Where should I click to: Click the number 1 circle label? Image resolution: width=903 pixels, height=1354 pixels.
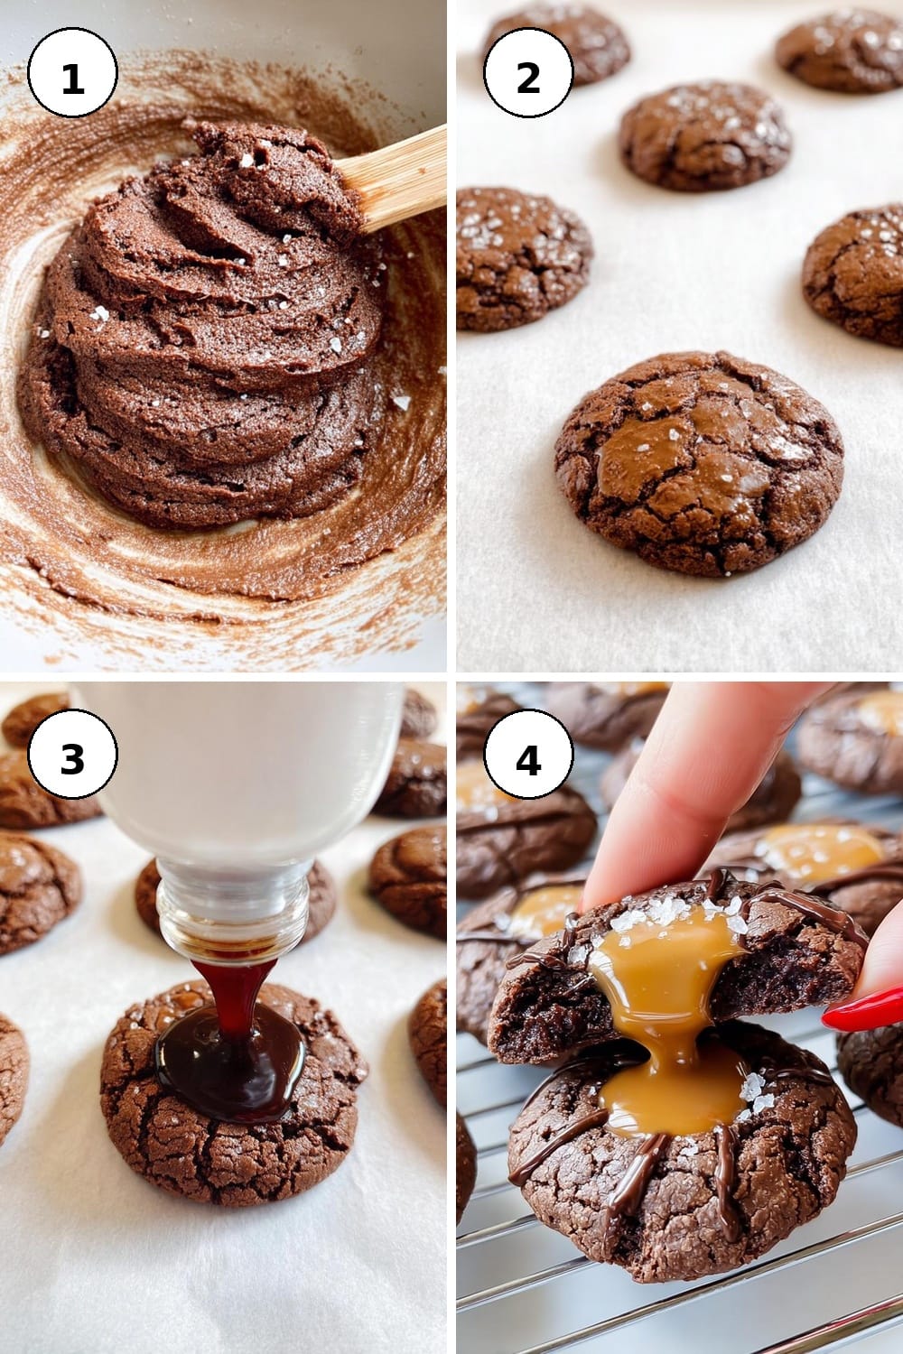[72, 72]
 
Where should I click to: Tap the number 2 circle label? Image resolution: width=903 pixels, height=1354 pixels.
[528, 72]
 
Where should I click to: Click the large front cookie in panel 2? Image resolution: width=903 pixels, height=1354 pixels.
[699, 462]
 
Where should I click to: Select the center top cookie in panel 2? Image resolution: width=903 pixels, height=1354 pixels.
[705, 134]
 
